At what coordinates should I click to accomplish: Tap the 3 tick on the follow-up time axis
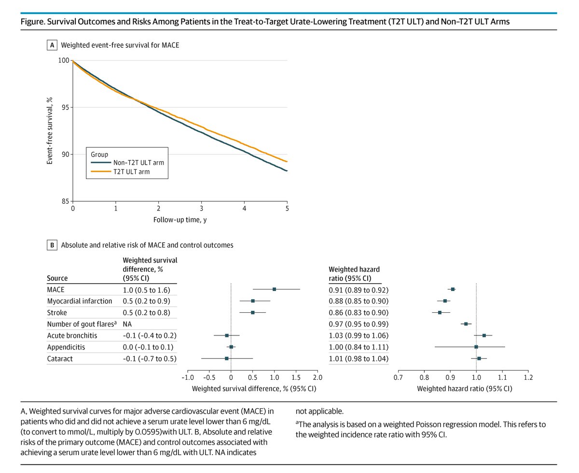(x=201, y=209)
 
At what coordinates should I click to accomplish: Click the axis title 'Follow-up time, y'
(x=179, y=220)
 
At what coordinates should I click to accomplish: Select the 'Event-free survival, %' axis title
(x=50, y=131)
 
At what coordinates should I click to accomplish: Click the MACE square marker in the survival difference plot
(x=274, y=289)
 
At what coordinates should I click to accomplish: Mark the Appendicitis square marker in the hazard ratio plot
(x=476, y=347)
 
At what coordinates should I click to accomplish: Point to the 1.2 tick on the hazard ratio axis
(x=528, y=377)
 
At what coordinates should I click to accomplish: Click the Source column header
(x=57, y=278)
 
